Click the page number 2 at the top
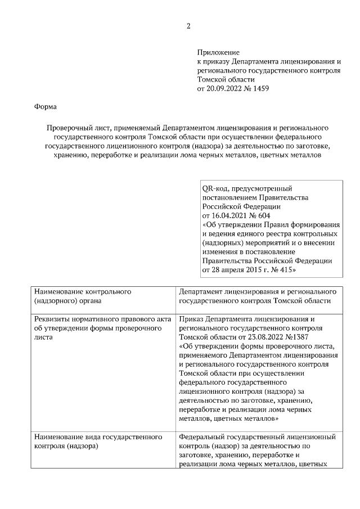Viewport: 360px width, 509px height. coord(188,26)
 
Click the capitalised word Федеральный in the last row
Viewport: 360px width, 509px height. coord(205,436)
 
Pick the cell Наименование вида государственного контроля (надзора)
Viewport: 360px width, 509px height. coord(98,441)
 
